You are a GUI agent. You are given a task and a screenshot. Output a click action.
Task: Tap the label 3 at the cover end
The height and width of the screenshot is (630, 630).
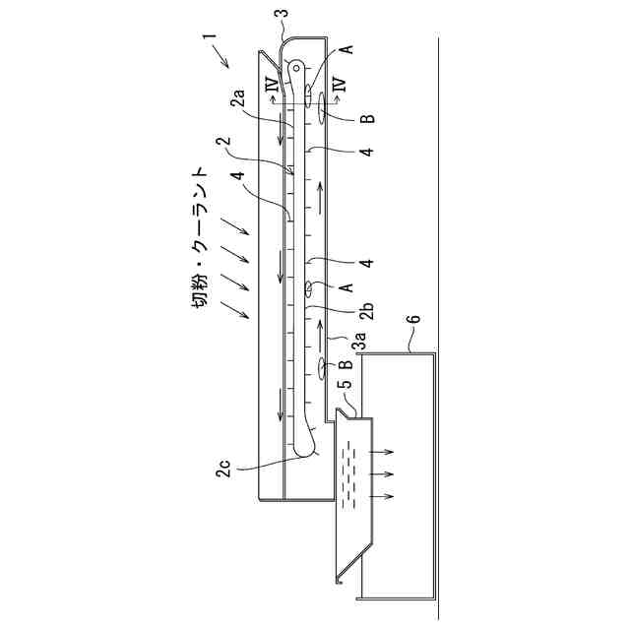tap(284, 13)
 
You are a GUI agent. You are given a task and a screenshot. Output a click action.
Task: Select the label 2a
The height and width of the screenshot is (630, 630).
tap(237, 98)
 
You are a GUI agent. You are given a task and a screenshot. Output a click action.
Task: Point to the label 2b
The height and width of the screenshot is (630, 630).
tap(367, 310)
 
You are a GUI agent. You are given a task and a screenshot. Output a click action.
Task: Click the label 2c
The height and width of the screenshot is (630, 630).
tap(223, 469)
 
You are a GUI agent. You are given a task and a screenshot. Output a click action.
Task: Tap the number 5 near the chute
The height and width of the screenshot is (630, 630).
tap(346, 383)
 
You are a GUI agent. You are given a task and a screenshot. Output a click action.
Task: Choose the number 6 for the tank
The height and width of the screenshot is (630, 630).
tap(414, 319)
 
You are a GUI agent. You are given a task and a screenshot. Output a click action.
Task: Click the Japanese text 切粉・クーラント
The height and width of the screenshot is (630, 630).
tap(199, 237)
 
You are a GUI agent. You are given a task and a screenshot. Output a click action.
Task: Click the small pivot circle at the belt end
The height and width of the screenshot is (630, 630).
tap(296, 68)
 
